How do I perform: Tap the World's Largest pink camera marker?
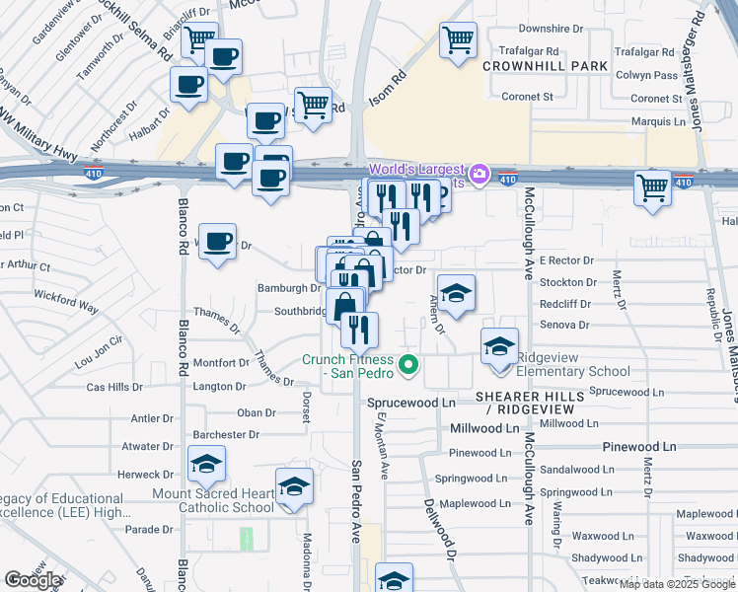tap(479, 174)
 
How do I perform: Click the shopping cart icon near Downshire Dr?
tap(457, 40)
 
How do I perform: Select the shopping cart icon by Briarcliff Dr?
tap(200, 39)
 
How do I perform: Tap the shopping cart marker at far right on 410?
tap(652, 186)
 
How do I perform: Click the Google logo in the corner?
tap(33, 580)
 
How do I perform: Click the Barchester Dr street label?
tap(226, 434)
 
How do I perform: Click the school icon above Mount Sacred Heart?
tap(206, 464)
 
